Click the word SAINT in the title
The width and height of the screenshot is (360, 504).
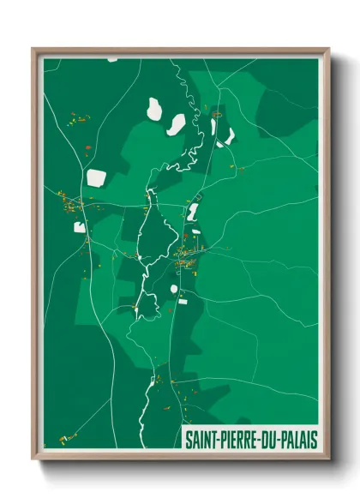click(x=201, y=440)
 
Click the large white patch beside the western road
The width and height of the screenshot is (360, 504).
click(x=97, y=177)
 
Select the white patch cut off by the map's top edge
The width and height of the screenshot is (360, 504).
click(x=112, y=60)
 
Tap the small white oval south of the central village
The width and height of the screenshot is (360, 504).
click(x=174, y=289)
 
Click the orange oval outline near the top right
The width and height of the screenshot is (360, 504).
click(x=217, y=113)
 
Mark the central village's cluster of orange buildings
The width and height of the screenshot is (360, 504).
click(x=186, y=256)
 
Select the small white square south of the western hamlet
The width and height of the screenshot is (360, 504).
click(x=79, y=227)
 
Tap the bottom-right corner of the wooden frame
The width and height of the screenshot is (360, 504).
click(x=328, y=459)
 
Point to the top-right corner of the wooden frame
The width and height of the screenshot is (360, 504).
click(x=328, y=50)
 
